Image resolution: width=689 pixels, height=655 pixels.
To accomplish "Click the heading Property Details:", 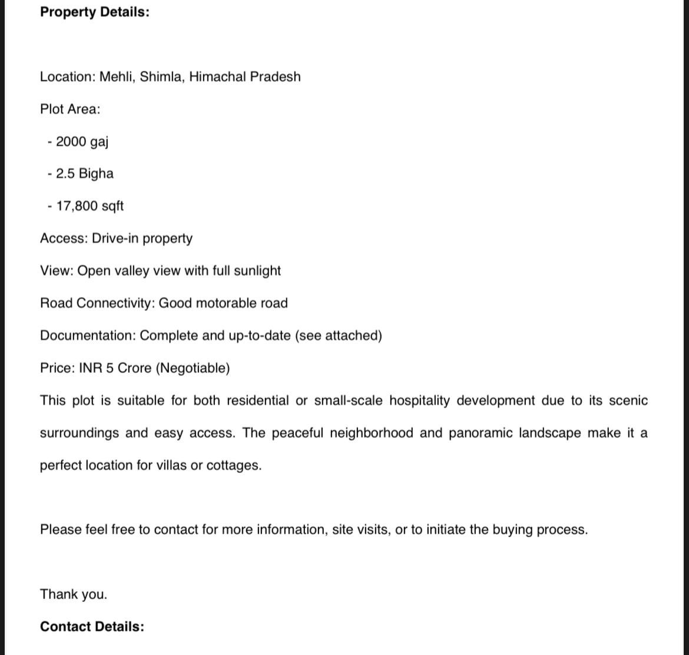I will [x=94, y=12].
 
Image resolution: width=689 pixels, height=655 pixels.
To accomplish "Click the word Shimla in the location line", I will [x=161, y=77].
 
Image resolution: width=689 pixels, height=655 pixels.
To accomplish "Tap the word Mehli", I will [x=117, y=77].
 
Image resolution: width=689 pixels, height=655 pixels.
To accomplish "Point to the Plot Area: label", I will [x=70, y=110].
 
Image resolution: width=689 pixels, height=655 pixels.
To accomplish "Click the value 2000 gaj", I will [x=82, y=142].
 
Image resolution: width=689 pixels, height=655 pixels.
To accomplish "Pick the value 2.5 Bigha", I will [x=84, y=174].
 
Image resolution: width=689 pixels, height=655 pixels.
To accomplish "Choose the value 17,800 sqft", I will [x=90, y=206].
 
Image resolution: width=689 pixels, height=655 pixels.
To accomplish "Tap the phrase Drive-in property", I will [x=142, y=239].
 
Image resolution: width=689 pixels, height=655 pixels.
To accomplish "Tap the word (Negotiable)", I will [x=193, y=368].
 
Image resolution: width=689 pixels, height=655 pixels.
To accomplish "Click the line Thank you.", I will [x=74, y=594].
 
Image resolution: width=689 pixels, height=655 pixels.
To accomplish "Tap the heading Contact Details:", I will [x=92, y=627].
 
